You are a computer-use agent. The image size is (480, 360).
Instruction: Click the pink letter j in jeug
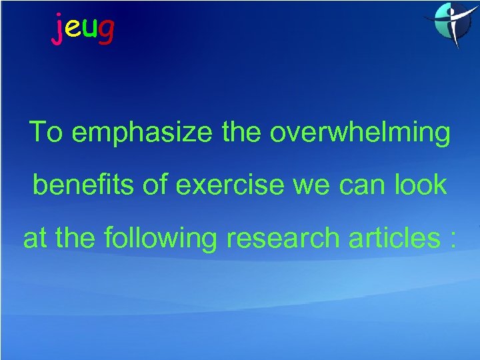tap(58, 29)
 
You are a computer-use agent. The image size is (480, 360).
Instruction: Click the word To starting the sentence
tap(45, 133)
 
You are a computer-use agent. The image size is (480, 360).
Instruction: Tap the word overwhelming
tap(360, 133)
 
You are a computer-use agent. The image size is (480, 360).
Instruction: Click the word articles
tap(387, 238)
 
